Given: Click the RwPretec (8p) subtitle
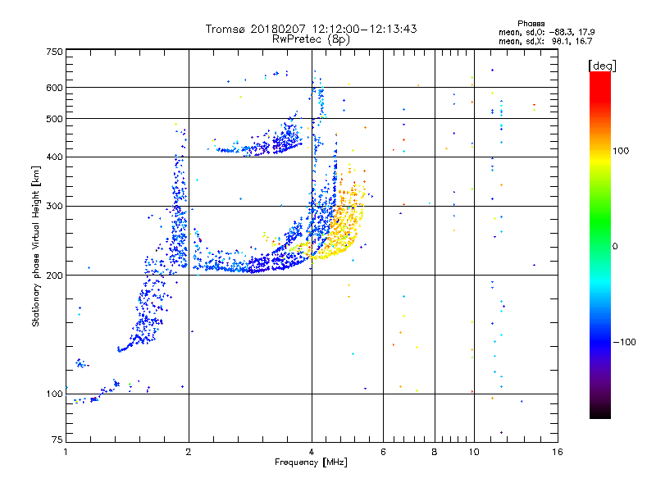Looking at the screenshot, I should tap(312, 39).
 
